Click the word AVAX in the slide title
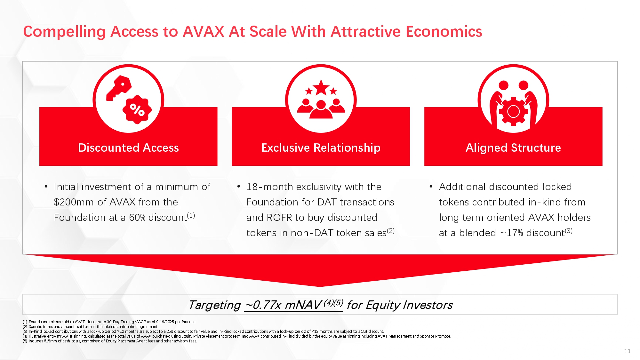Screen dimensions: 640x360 (x=204, y=32)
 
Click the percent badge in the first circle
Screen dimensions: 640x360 (x=137, y=109)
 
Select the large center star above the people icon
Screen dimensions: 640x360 (x=321, y=87)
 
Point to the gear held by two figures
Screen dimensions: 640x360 (x=513, y=112)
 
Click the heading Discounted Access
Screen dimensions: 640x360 (x=128, y=148)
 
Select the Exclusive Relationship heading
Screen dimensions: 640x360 (x=321, y=148)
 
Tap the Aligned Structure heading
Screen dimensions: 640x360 (x=513, y=148)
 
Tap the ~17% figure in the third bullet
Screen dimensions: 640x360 (x=511, y=233)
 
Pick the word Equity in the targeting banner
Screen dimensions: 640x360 (x=383, y=305)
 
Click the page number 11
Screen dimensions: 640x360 (x=627, y=351)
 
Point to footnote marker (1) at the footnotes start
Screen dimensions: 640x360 (x=25, y=322)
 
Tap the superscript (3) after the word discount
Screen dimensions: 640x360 (x=569, y=231)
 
